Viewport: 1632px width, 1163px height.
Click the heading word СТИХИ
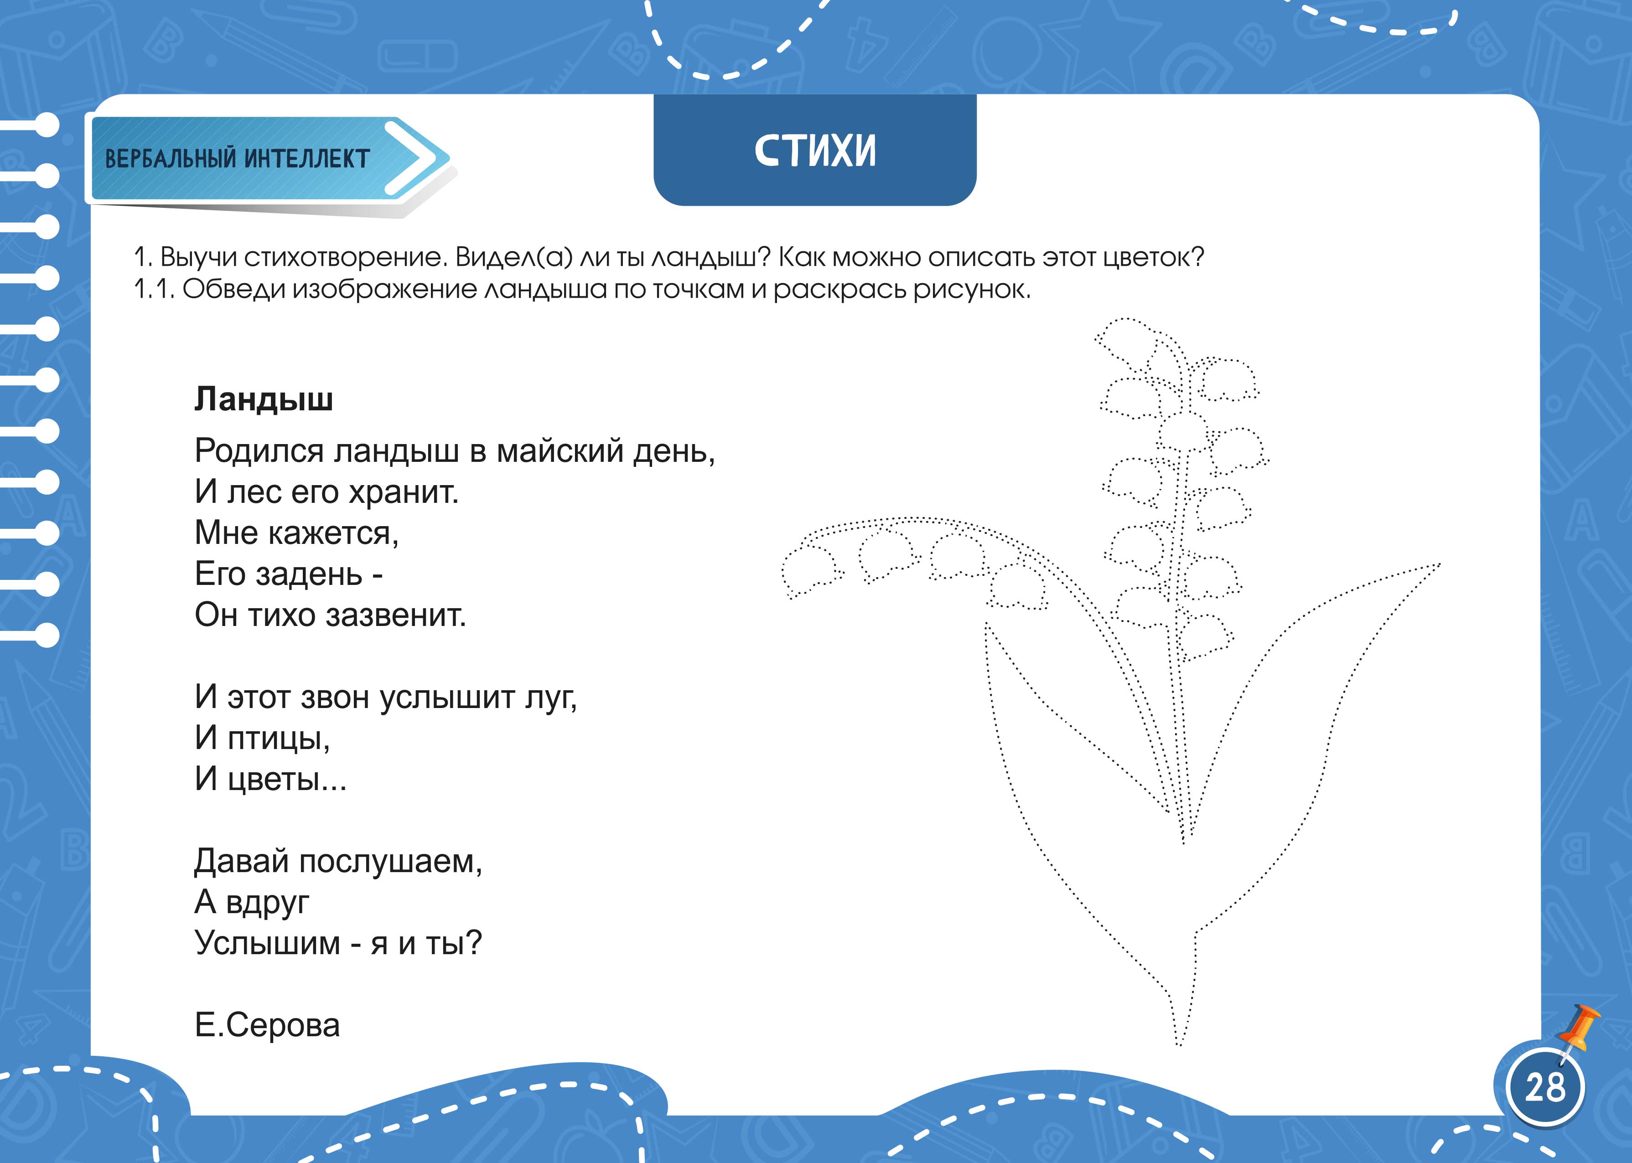pos(815,151)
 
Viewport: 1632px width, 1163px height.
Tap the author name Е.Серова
pos(267,1025)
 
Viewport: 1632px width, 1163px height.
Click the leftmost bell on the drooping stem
pos(811,571)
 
